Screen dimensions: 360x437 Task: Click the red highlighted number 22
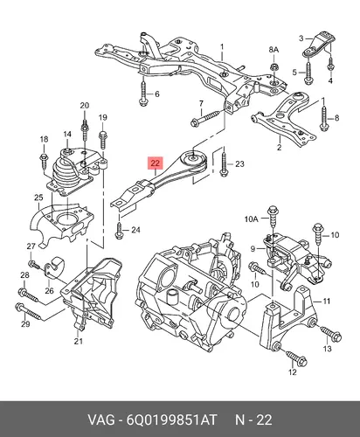[x=156, y=163]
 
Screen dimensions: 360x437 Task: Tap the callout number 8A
[x=273, y=50]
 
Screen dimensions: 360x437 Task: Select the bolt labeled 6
[x=143, y=93]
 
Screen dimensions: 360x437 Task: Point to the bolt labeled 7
[x=208, y=117]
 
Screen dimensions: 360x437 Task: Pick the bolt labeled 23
[x=224, y=163]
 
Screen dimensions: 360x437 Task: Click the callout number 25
[x=38, y=198]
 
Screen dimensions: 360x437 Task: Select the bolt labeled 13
[x=331, y=334]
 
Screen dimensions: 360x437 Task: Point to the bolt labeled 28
[x=29, y=295]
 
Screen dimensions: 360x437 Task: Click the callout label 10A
[x=252, y=219]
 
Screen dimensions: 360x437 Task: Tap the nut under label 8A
[x=273, y=67]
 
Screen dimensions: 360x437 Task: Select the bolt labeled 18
[x=43, y=160]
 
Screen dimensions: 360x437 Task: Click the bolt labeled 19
[x=102, y=141]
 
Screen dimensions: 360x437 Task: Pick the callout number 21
[x=78, y=341]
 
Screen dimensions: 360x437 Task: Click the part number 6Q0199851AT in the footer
[x=172, y=420]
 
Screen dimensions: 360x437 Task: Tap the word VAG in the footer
[x=101, y=420]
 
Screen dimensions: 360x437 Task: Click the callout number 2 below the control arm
[x=280, y=148]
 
